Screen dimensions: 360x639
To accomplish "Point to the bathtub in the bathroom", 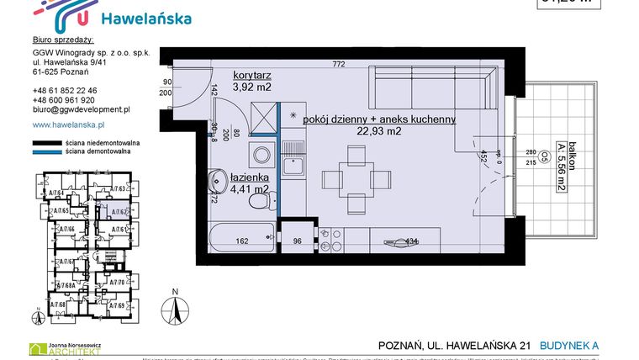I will click(x=241, y=236).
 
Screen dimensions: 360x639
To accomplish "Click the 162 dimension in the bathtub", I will click(x=240, y=241).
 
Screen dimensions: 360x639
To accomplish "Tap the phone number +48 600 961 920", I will click(x=64, y=99).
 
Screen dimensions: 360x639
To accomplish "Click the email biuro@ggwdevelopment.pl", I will click(x=80, y=109).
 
